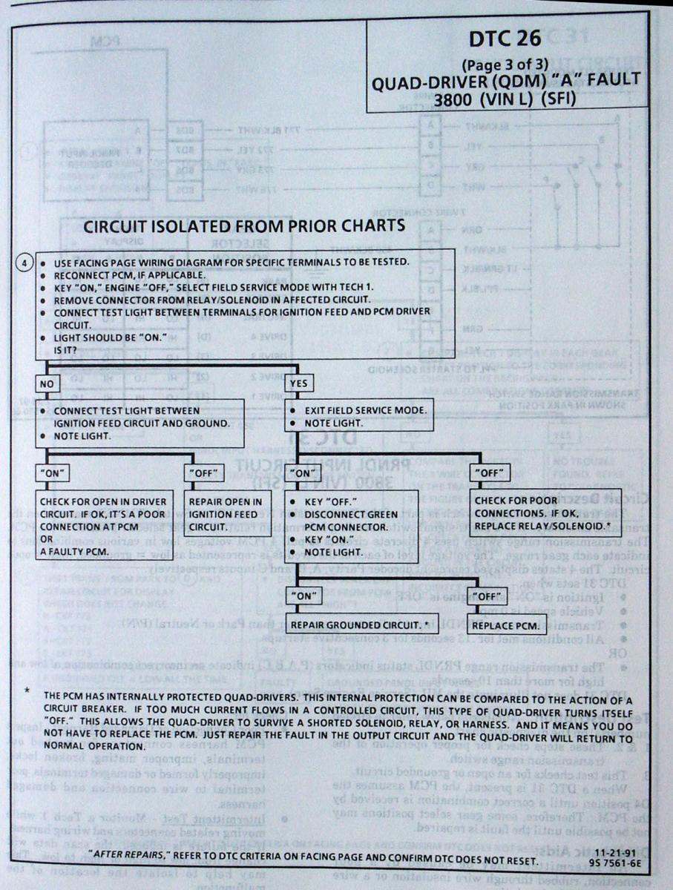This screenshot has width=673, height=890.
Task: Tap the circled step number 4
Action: [x=26, y=263]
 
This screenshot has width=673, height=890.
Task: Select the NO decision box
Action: [x=47, y=383]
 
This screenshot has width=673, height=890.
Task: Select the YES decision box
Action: [x=299, y=383]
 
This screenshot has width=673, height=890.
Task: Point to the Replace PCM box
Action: [x=508, y=626]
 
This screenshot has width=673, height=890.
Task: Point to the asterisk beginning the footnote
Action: [x=27, y=693]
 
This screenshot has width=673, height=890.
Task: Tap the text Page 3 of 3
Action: [x=505, y=63]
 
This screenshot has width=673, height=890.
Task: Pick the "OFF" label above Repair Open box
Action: [x=204, y=472]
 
